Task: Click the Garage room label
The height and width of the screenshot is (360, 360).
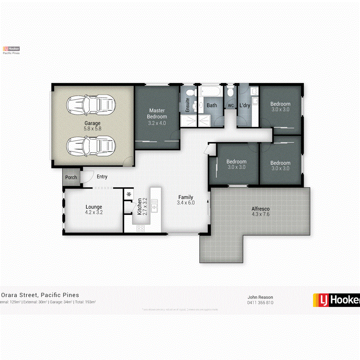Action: tap(92, 123)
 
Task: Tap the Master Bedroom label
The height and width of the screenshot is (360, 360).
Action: tap(158, 114)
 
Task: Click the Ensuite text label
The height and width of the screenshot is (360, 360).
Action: tap(188, 105)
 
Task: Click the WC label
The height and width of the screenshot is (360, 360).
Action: tap(231, 105)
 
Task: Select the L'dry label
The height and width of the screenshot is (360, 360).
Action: tap(245, 105)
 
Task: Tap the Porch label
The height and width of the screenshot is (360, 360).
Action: tap(71, 178)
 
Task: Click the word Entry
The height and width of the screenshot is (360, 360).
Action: tap(102, 177)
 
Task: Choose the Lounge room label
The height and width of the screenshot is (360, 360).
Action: tap(94, 207)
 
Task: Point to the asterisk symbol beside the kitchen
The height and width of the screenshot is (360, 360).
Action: tap(129, 194)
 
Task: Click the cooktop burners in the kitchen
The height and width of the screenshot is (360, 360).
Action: tap(140, 228)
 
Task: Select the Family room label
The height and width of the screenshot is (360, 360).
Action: tap(185, 197)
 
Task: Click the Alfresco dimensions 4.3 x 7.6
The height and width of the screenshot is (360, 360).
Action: tap(260, 214)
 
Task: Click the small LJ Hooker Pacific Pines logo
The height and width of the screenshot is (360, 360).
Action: tap(11, 50)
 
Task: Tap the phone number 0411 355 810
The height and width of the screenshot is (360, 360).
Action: tap(260, 302)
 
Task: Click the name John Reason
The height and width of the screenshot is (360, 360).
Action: tap(260, 297)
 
